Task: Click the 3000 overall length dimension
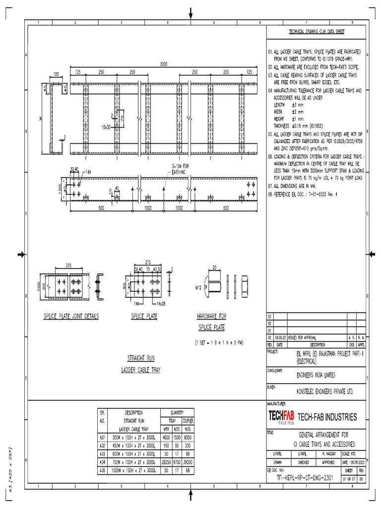163,64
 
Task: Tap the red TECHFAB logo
281,417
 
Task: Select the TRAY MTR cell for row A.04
167,462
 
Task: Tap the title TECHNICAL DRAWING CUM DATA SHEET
317,32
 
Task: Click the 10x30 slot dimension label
107,127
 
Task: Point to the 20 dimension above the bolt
215,267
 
